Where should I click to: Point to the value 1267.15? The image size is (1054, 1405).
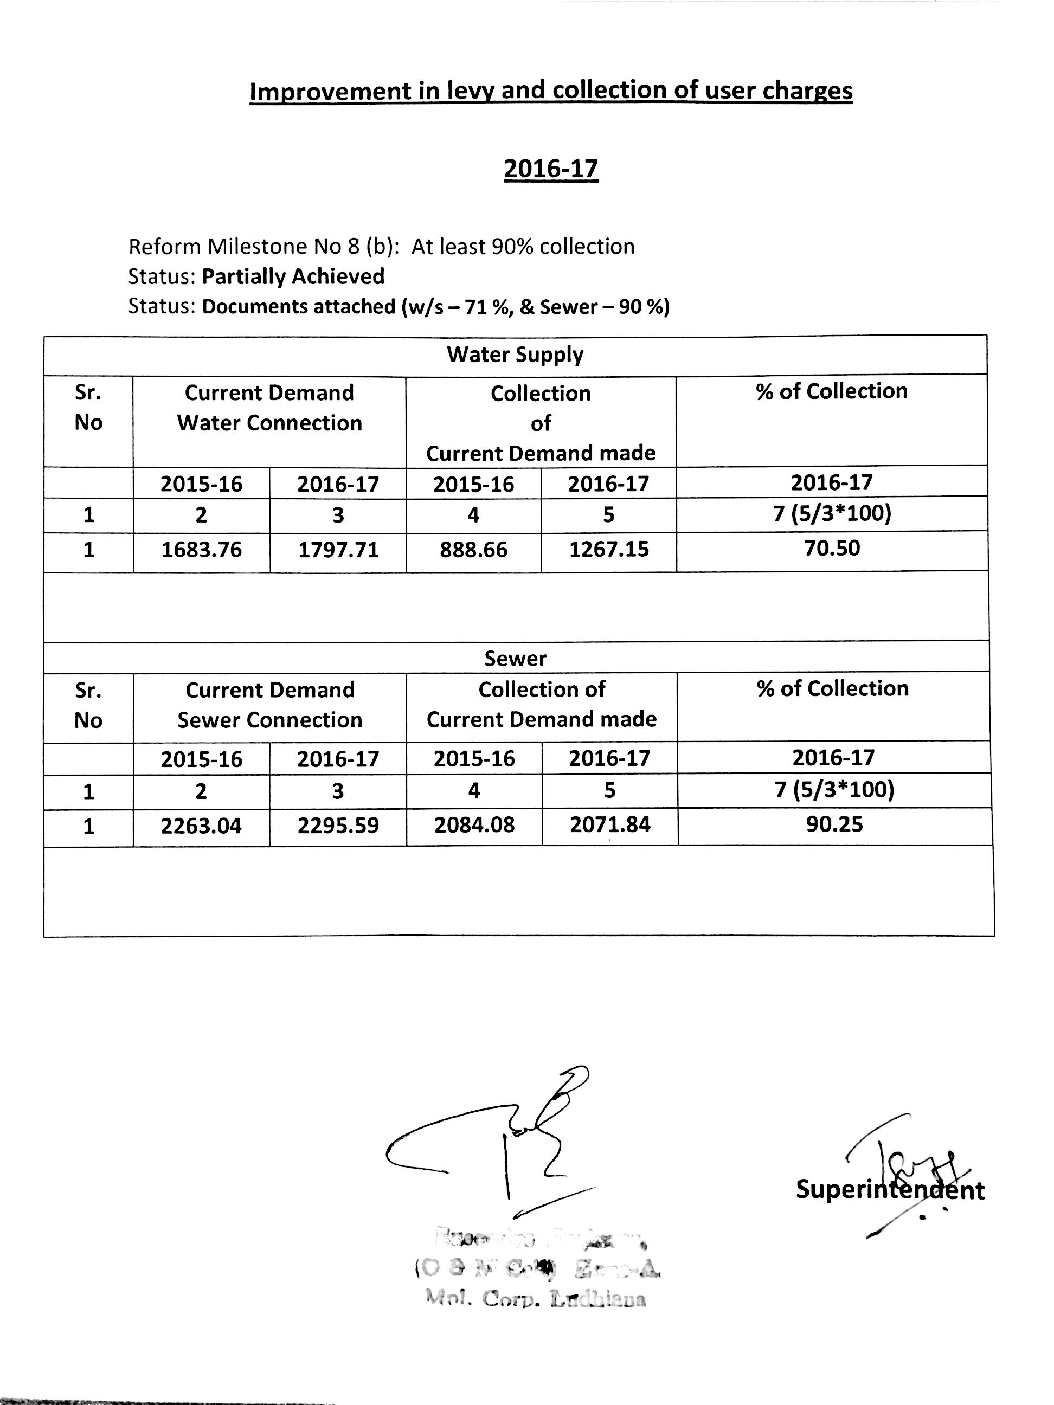tap(609, 549)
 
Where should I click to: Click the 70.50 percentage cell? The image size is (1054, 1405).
tap(832, 547)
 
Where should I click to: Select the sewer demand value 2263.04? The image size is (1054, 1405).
tap(201, 826)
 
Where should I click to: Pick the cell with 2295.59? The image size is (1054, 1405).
tap(338, 826)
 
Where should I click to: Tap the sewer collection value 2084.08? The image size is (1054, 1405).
tap(474, 825)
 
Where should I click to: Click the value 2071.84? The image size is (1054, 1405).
tap(610, 824)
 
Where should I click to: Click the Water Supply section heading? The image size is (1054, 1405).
tap(515, 355)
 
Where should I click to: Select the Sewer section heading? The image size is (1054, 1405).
tap(515, 658)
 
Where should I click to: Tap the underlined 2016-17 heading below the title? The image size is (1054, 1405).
tap(551, 169)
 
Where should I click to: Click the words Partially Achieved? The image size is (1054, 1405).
tap(293, 276)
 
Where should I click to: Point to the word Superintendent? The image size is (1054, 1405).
tap(890, 1189)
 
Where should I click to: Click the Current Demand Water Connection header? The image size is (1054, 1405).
tap(269, 408)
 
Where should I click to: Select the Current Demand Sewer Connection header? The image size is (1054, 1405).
tap(269, 705)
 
